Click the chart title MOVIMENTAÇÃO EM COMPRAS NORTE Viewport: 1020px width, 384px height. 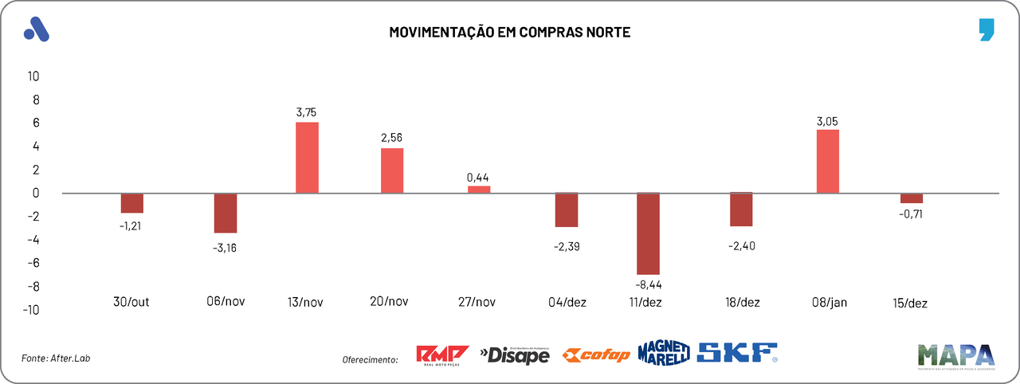point(509,33)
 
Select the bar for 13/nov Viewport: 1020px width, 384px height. point(307,157)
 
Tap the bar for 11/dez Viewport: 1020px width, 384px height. point(648,233)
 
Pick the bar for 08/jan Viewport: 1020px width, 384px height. point(828,161)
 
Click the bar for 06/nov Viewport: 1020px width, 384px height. point(226,213)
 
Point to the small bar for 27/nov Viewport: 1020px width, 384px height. point(479,189)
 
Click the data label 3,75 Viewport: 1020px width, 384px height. point(306,112)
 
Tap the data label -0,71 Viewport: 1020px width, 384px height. point(911,214)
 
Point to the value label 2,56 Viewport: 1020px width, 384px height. point(391,138)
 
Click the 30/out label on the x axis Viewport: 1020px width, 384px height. point(131,301)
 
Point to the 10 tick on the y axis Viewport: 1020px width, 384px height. point(33,76)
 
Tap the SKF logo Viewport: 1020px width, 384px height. point(737,353)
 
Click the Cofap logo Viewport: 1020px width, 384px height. point(596,355)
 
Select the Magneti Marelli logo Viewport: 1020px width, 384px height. point(663,353)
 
